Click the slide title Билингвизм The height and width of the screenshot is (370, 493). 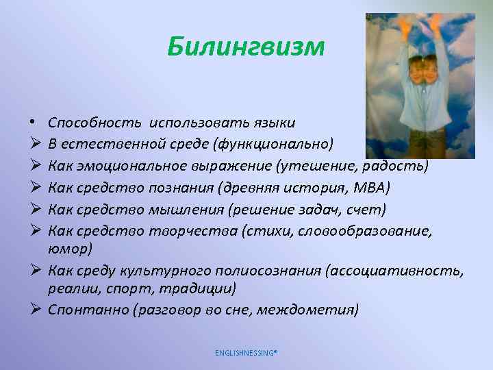[x=246, y=48]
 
